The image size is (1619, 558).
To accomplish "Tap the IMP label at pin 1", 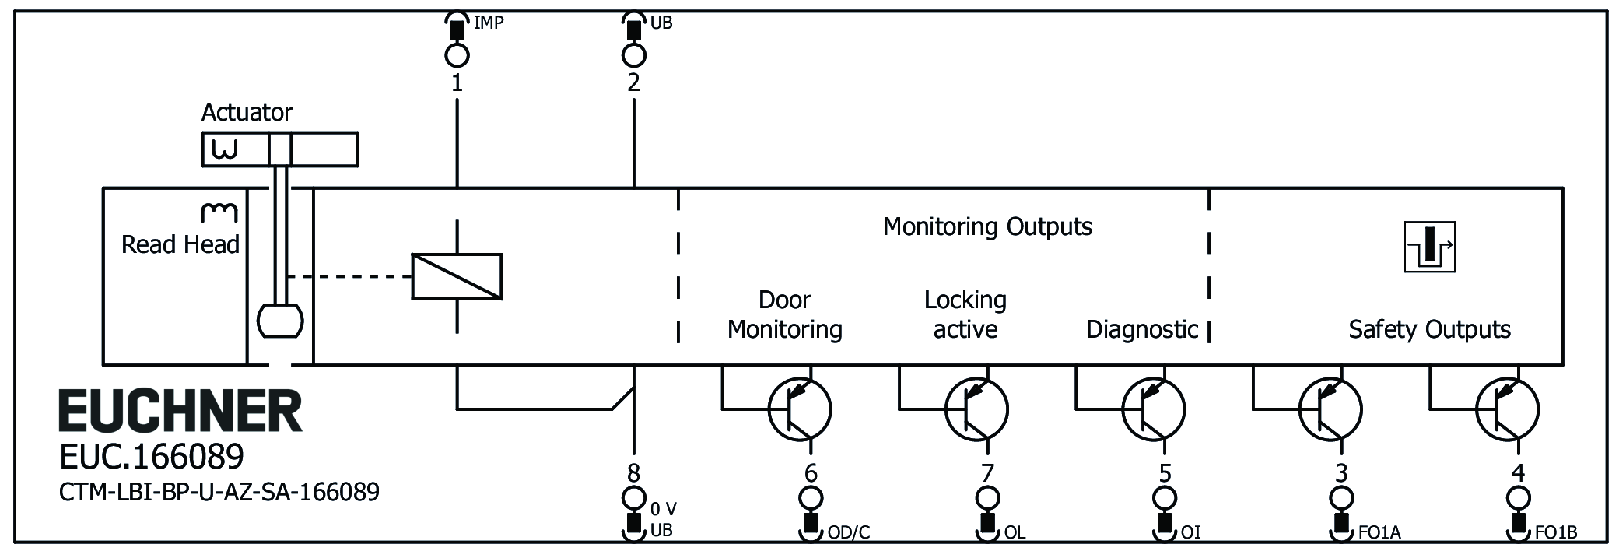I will pos(489,23).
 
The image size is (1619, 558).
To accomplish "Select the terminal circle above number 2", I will pos(634,55).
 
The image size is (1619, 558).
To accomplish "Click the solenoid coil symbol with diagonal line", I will pos(457,276).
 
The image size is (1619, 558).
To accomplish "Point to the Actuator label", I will pos(247,113).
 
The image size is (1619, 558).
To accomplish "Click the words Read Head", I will pos(180,244).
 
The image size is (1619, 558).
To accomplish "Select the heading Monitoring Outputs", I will pos(987,226).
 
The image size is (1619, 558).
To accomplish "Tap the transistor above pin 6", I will pos(799,409).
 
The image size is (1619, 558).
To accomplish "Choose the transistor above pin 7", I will pos(976,409).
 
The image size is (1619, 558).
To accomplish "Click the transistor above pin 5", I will pos(1153,409).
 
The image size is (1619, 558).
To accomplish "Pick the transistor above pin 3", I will pos(1330,409).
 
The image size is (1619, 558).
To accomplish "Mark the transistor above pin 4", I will pos(1507,409).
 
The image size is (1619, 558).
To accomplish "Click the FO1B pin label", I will pos(1556,533).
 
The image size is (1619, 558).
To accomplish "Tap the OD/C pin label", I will pos(849,533).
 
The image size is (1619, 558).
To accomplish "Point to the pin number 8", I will pos(634,472).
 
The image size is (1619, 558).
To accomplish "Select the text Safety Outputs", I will pos(1429,329).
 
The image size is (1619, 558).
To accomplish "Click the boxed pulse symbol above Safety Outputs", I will pos(1429,247).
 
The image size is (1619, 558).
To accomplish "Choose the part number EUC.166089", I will pos(152,457).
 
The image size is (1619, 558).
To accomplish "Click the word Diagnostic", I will pos(1142,329).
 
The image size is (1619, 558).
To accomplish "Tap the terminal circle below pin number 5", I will pos(1165,497).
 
